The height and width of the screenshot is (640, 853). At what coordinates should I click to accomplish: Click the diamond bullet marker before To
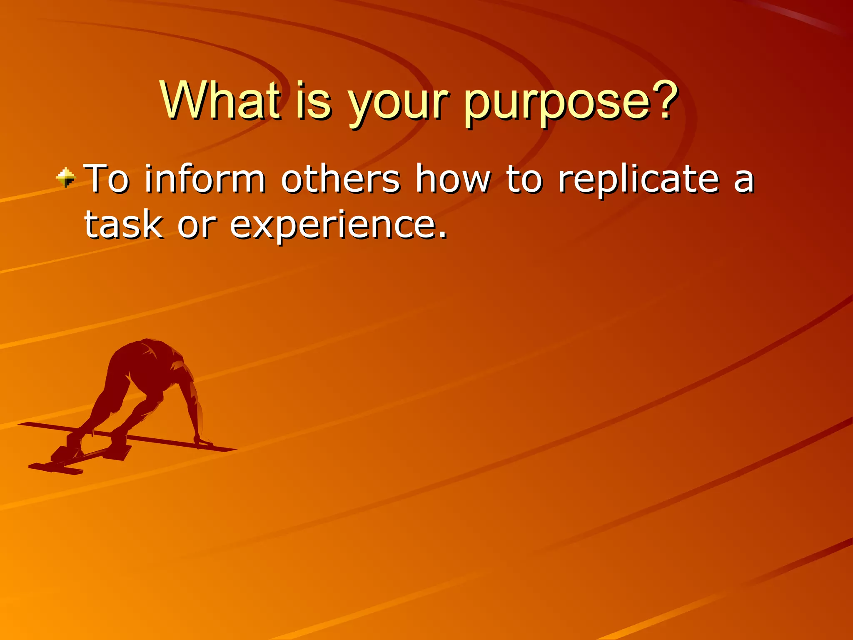[x=66, y=178]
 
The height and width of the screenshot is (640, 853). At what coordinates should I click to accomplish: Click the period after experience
[x=442, y=235]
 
